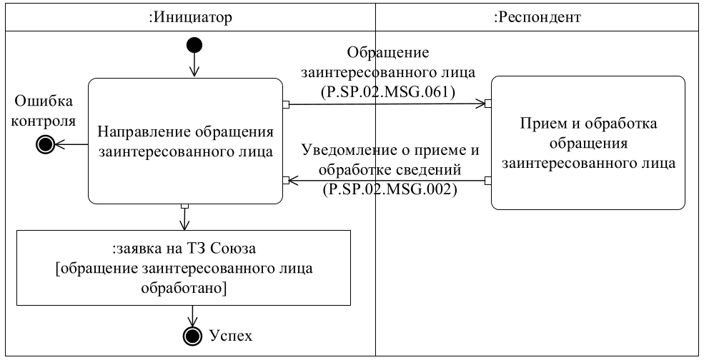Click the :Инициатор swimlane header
pos(190,18)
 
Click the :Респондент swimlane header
pos(537,18)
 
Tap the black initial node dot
pos(194,46)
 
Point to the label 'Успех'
pos(230,334)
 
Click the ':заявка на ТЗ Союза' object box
pos(185,269)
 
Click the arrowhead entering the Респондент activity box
pos(482,104)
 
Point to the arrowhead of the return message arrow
pos(293,181)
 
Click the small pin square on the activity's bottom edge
pos(185,206)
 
